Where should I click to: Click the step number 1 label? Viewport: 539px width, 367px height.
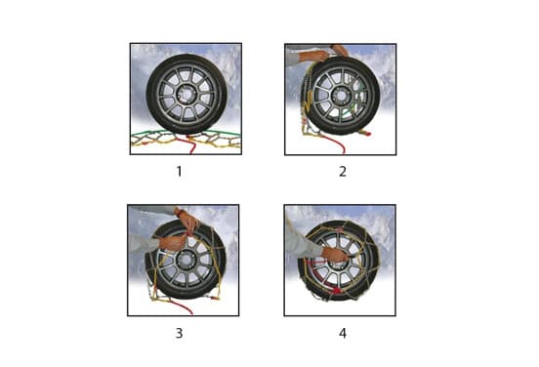point(179,171)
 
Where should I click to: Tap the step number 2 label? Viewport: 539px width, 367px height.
point(343,171)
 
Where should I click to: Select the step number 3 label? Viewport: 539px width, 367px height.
point(179,333)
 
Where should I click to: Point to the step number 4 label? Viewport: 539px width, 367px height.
point(343,333)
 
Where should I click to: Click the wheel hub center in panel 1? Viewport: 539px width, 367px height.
point(187,94)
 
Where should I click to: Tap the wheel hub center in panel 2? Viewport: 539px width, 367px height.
point(341,96)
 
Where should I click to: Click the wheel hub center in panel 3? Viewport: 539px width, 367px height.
point(186,259)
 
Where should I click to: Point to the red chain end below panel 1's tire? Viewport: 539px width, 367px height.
point(191,144)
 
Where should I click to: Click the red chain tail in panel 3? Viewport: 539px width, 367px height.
point(182,306)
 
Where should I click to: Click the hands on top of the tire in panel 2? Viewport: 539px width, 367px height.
point(325,54)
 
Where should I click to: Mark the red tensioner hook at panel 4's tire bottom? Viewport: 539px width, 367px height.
point(336,291)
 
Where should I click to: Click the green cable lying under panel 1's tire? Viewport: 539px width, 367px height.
point(186,133)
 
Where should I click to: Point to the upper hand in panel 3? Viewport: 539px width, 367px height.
point(187,221)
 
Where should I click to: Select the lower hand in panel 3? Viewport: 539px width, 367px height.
point(173,243)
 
